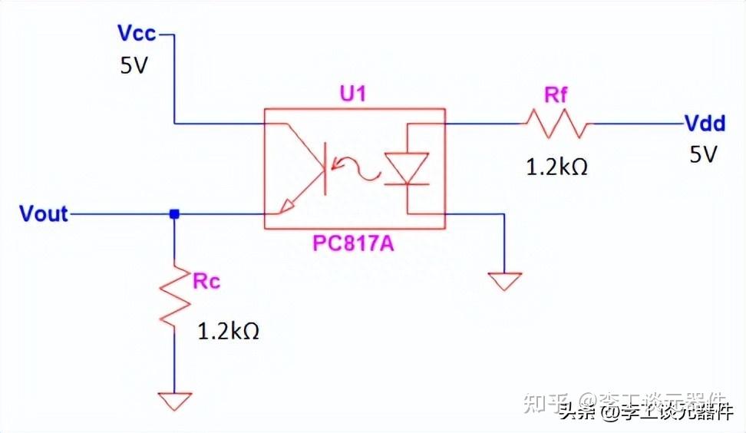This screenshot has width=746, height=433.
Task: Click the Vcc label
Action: tap(137, 34)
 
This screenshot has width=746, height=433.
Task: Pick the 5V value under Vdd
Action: tap(702, 155)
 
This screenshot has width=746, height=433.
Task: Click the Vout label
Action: tap(44, 213)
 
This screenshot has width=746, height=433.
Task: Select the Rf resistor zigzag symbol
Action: tap(558, 123)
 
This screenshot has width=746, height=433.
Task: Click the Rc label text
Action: tap(206, 281)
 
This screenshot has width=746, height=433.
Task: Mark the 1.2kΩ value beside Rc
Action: tap(228, 332)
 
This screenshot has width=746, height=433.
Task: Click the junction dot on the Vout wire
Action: tap(175, 214)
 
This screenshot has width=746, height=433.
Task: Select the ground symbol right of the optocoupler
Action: tap(504, 281)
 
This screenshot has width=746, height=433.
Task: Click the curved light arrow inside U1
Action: tap(361, 167)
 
